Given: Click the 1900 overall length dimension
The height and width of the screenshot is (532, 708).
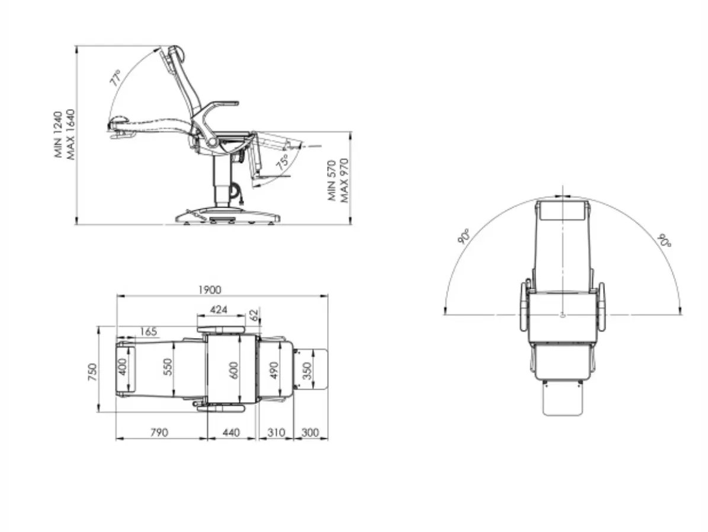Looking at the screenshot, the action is pyautogui.click(x=210, y=290).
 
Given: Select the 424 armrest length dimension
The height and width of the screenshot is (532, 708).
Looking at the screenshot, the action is pyautogui.click(x=219, y=310).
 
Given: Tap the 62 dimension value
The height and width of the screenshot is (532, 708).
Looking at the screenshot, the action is pyautogui.click(x=254, y=315).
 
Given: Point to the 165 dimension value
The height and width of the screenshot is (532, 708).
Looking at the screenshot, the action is pyautogui.click(x=149, y=332).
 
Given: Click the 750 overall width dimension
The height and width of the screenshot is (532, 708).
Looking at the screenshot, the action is pyautogui.click(x=92, y=372).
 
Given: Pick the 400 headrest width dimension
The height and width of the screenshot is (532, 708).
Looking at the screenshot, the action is pyautogui.click(x=122, y=367).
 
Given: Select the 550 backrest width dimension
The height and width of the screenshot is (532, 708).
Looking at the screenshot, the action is pyautogui.click(x=168, y=367).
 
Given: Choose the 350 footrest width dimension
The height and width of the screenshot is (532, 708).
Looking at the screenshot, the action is pyautogui.click(x=306, y=371).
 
